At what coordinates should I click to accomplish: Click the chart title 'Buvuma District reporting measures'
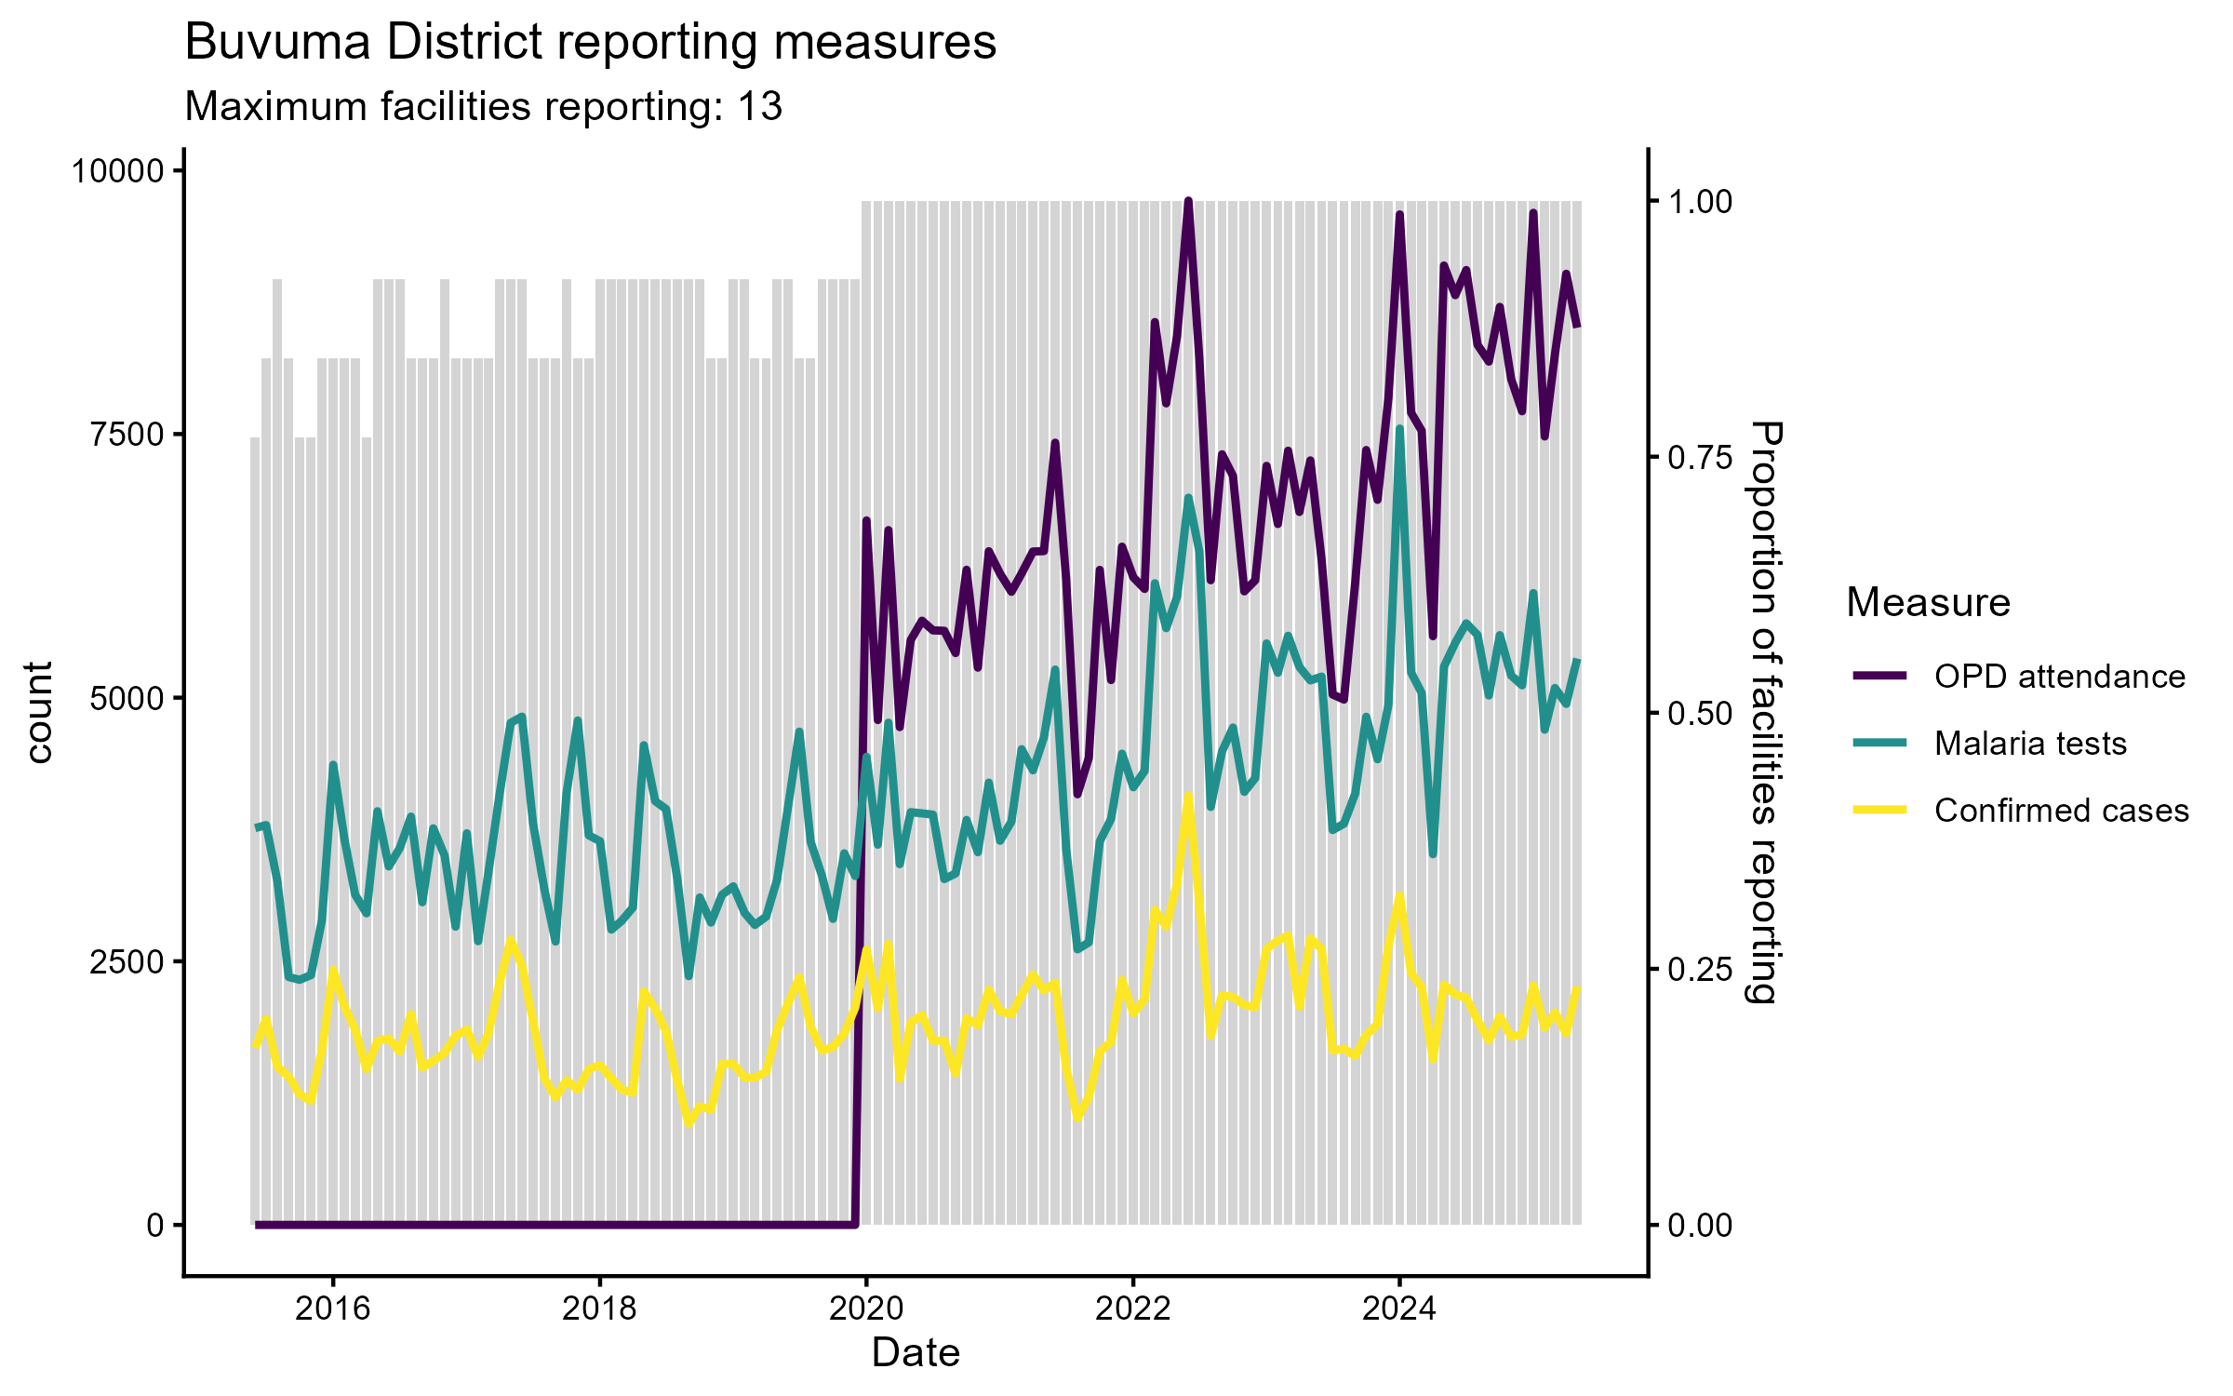(x=590, y=43)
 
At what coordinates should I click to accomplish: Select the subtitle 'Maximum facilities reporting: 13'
(x=483, y=107)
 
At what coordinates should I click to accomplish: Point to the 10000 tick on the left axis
(x=117, y=171)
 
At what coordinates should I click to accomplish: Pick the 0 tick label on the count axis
(x=155, y=1225)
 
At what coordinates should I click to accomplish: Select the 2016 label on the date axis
(x=333, y=1309)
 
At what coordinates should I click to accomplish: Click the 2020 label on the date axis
(x=866, y=1309)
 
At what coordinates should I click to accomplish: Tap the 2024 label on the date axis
(x=1399, y=1309)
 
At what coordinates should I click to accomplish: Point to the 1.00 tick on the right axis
(x=1701, y=202)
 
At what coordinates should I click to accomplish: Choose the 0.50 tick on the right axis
(x=1701, y=714)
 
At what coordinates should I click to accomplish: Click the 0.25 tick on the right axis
(x=1701, y=970)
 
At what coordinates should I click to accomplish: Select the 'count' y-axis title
(x=39, y=713)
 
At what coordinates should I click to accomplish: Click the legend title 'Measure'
(x=1928, y=603)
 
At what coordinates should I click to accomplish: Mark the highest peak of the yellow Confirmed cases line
(x=1188, y=797)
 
